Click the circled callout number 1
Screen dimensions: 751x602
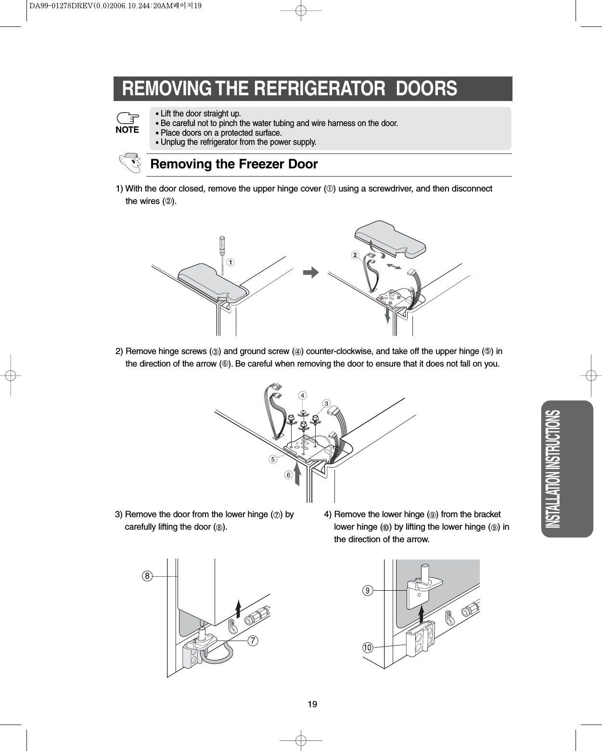[x=231, y=262]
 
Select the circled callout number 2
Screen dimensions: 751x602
[x=355, y=255]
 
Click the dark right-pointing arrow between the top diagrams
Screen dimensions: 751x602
[x=311, y=273]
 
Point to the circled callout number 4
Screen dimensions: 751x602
[x=302, y=395]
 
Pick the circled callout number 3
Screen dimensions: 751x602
[x=326, y=403]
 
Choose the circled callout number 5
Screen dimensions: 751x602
[x=273, y=459]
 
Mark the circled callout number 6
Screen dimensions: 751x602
[x=288, y=475]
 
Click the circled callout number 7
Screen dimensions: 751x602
[x=253, y=641]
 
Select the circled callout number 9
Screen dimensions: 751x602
[x=368, y=590]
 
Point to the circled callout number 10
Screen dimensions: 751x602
[x=368, y=648]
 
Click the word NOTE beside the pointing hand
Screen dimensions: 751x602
[x=127, y=130]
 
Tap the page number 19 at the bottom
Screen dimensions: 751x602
[x=312, y=704]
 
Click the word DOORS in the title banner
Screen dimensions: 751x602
[x=426, y=89]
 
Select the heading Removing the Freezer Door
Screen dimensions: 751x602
[x=234, y=164]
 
